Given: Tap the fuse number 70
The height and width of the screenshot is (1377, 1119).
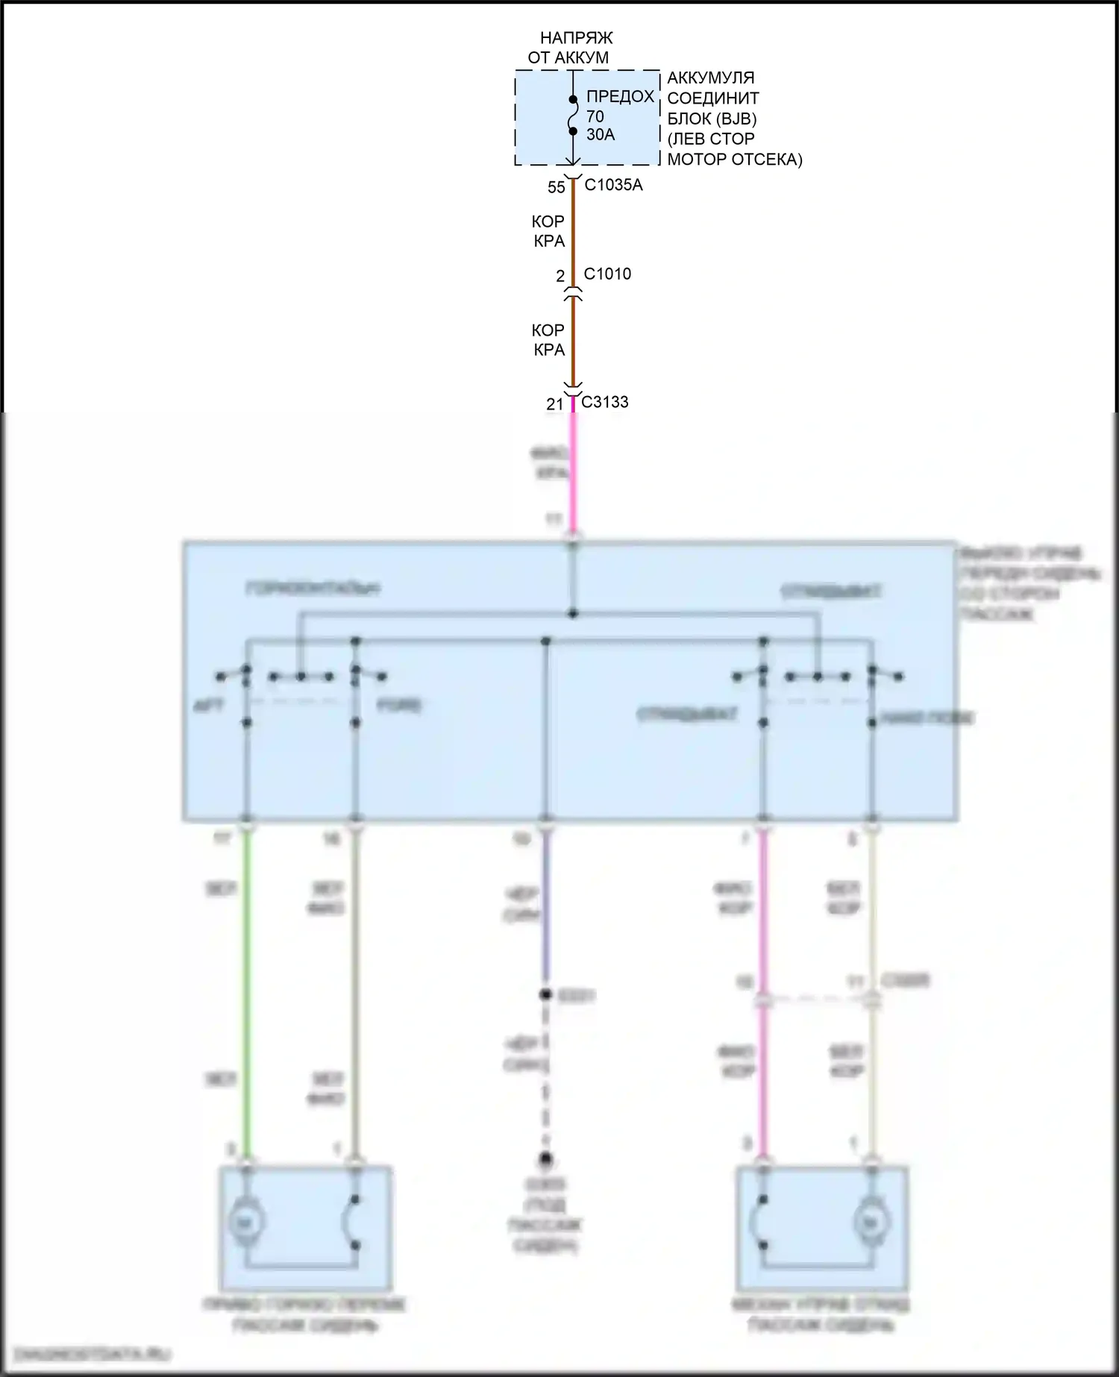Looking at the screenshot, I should click(595, 116).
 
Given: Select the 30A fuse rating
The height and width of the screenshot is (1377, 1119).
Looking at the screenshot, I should click(601, 135).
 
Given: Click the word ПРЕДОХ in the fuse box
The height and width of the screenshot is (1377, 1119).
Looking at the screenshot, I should click(620, 96).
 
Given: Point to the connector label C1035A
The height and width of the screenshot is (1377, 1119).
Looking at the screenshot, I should click(613, 185).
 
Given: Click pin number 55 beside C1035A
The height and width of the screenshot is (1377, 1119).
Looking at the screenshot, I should click(557, 187).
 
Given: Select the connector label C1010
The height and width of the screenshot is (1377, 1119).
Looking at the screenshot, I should click(607, 274).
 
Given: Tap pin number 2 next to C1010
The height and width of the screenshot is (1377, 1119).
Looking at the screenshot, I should click(560, 276).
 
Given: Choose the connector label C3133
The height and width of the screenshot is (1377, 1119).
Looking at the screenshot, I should click(605, 402).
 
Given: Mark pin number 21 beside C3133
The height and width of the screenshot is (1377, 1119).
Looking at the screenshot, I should click(554, 404).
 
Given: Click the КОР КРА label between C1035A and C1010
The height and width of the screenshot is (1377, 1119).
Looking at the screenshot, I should click(548, 231).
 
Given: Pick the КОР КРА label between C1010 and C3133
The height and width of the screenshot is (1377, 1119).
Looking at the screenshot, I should click(548, 339).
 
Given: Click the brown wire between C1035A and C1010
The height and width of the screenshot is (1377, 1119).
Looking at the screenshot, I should click(573, 231).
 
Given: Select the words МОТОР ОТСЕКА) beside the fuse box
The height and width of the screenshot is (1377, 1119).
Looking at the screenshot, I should click(735, 160).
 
